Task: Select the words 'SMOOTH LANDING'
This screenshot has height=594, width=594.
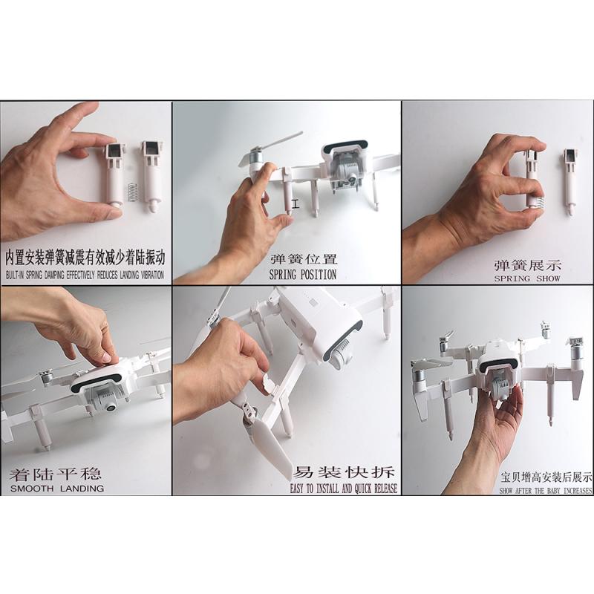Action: pyautogui.click(x=56, y=489)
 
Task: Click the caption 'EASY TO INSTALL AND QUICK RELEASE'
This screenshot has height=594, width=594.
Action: pyautogui.click(x=344, y=489)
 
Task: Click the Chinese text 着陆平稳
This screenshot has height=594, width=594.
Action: pyautogui.click(x=56, y=473)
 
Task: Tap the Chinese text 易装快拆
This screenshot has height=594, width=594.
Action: pyautogui.click(x=345, y=472)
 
